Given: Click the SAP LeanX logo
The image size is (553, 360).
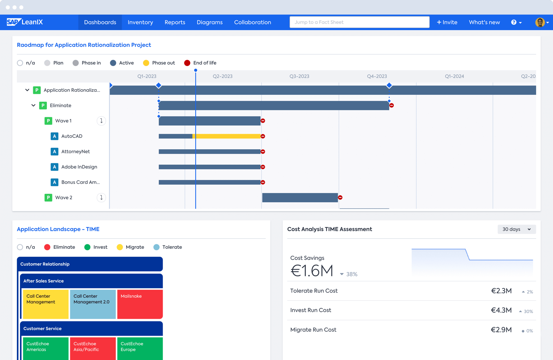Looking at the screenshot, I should pos(25,22).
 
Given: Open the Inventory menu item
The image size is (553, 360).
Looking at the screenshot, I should pos(140,22).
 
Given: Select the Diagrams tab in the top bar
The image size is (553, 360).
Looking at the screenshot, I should pos(209,22).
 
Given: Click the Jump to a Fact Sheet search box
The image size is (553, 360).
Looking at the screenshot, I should pos(359,22).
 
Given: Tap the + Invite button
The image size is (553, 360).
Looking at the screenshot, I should pos(447,22).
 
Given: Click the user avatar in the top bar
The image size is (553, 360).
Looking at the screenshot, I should pos(540,22).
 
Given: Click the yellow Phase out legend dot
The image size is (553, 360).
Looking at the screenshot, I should pos(146,63).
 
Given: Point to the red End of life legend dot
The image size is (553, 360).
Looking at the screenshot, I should pos(187,63).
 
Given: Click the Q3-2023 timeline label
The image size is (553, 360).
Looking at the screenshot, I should pos(299,76).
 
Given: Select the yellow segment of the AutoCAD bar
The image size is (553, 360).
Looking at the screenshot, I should pos(227,136).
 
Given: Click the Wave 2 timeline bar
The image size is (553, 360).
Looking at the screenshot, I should pos(300,198).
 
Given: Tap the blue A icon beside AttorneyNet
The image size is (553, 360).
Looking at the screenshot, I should pos(55,151).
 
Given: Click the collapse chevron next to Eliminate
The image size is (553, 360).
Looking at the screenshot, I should pos(34,105).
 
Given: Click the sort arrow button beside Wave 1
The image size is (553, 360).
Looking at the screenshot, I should pos(101,121).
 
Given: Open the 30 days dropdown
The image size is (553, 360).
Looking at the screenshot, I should pos(516,229).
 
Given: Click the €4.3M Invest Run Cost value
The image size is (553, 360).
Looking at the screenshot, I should pos(501,310).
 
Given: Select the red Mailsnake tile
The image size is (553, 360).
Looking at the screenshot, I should pos(140,304).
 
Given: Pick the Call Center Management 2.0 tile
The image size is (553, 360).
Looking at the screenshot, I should pos(93,304).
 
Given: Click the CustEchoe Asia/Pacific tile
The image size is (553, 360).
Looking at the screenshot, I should pos(93,348).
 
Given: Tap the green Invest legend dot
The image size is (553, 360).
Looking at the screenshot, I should pos(87,247).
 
